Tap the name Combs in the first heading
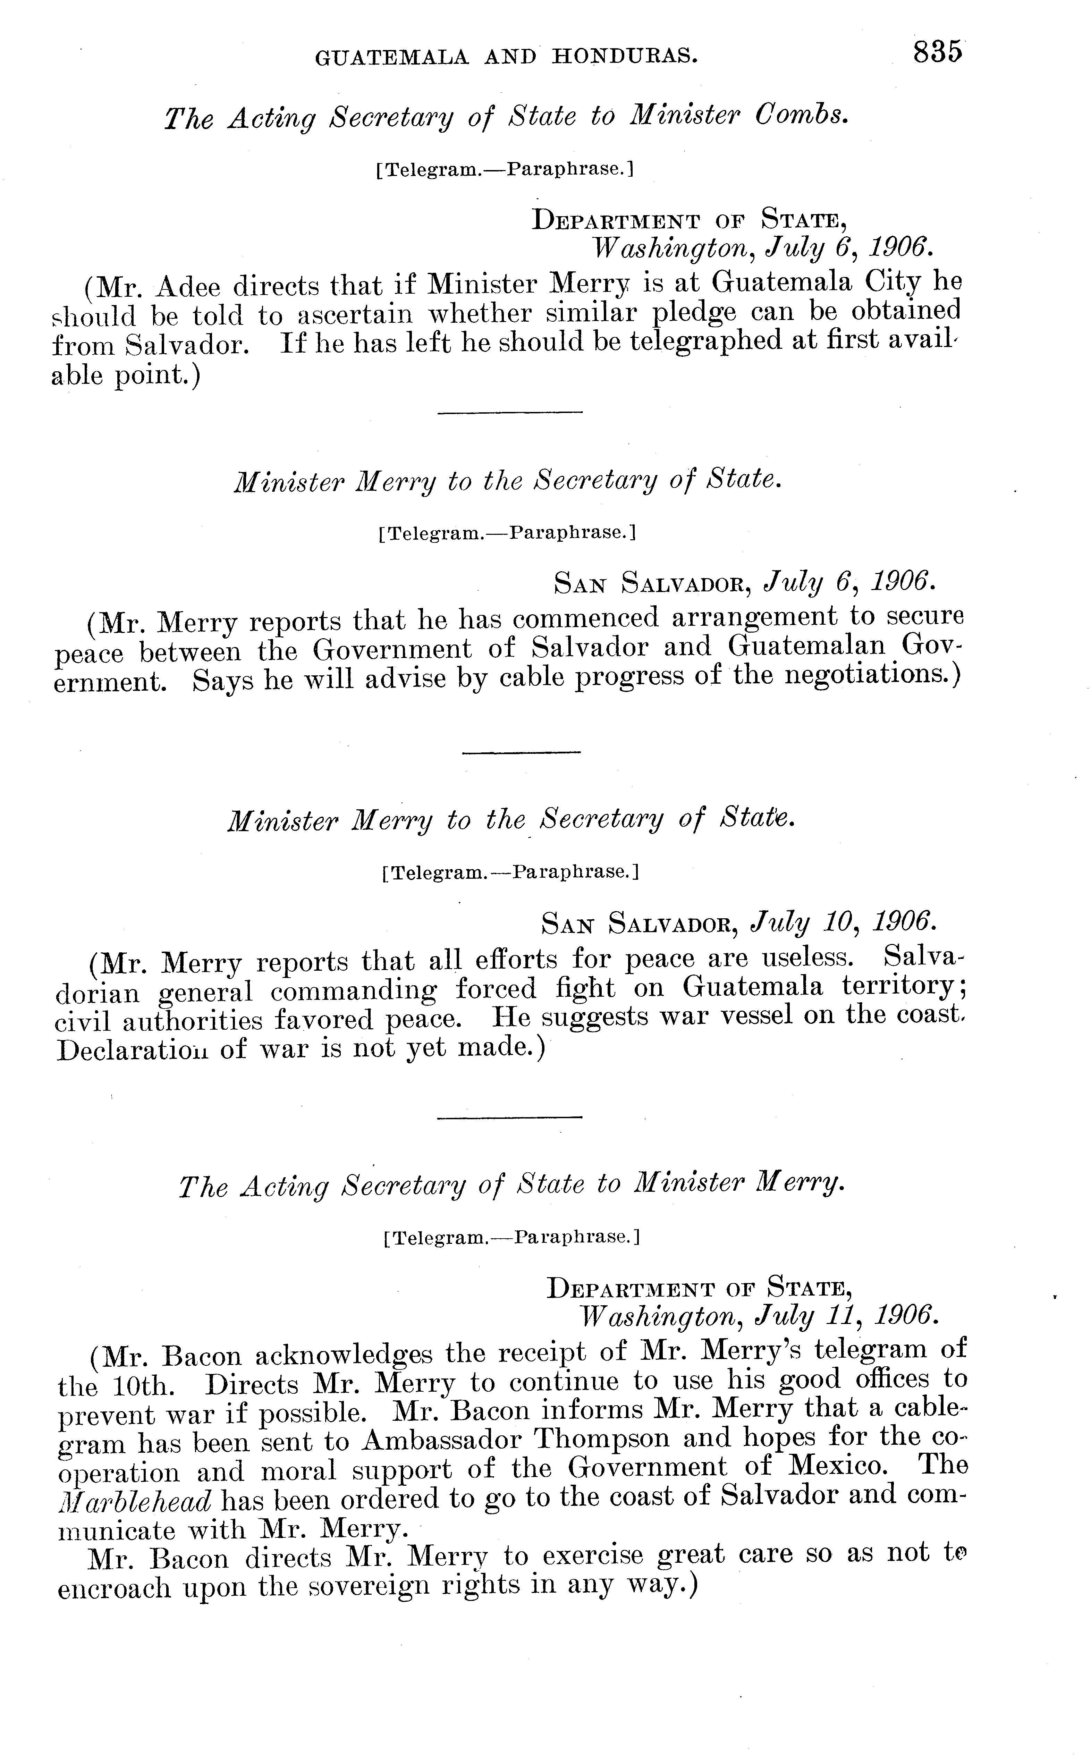801,116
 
